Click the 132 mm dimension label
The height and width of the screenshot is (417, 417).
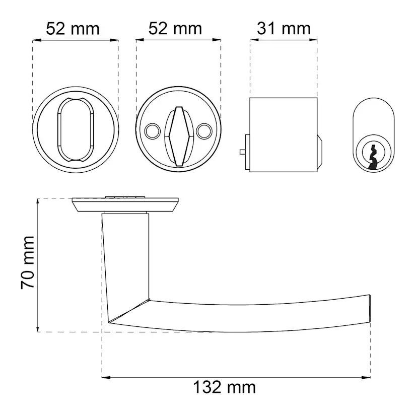pos(224,387)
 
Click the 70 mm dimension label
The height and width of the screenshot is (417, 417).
pos(28,262)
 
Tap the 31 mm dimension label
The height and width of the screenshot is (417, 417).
pos(284,29)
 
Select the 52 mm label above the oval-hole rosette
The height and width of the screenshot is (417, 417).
pos(73,29)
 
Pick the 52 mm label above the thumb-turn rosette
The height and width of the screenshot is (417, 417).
pos(175,29)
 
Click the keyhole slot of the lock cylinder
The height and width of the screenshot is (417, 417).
pos(373,157)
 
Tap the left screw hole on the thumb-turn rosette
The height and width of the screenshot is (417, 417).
pos(153,131)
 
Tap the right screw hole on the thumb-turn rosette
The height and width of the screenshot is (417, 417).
pos(204,131)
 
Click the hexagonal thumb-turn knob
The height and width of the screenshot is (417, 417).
pos(178,136)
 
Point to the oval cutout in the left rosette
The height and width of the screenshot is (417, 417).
pos(76,129)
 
